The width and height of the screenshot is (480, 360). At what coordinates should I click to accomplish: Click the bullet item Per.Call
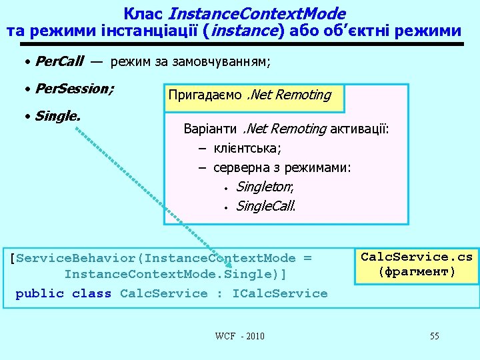click(59, 62)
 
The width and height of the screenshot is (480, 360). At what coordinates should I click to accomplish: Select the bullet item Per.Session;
click(74, 88)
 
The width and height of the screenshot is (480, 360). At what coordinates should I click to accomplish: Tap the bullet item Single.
click(57, 116)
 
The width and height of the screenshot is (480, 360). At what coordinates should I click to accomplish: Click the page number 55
click(434, 335)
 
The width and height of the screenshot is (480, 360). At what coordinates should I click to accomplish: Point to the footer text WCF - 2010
click(239, 335)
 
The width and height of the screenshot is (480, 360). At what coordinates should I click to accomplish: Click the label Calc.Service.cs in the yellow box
click(416, 257)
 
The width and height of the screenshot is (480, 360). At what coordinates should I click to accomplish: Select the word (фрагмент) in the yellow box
click(416, 271)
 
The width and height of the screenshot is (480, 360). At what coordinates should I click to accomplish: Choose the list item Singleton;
click(265, 187)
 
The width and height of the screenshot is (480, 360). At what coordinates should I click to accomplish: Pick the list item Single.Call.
click(265, 206)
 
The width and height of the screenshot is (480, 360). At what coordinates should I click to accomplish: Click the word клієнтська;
click(247, 148)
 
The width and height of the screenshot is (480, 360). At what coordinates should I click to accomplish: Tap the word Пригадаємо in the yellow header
click(205, 95)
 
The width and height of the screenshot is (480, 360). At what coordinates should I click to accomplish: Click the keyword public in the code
click(39, 293)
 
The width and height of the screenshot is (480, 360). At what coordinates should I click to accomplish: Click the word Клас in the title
click(145, 13)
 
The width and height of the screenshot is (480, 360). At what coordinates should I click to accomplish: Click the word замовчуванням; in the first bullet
click(222, 62)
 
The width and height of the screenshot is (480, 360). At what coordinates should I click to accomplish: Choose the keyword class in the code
click(91, 293)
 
